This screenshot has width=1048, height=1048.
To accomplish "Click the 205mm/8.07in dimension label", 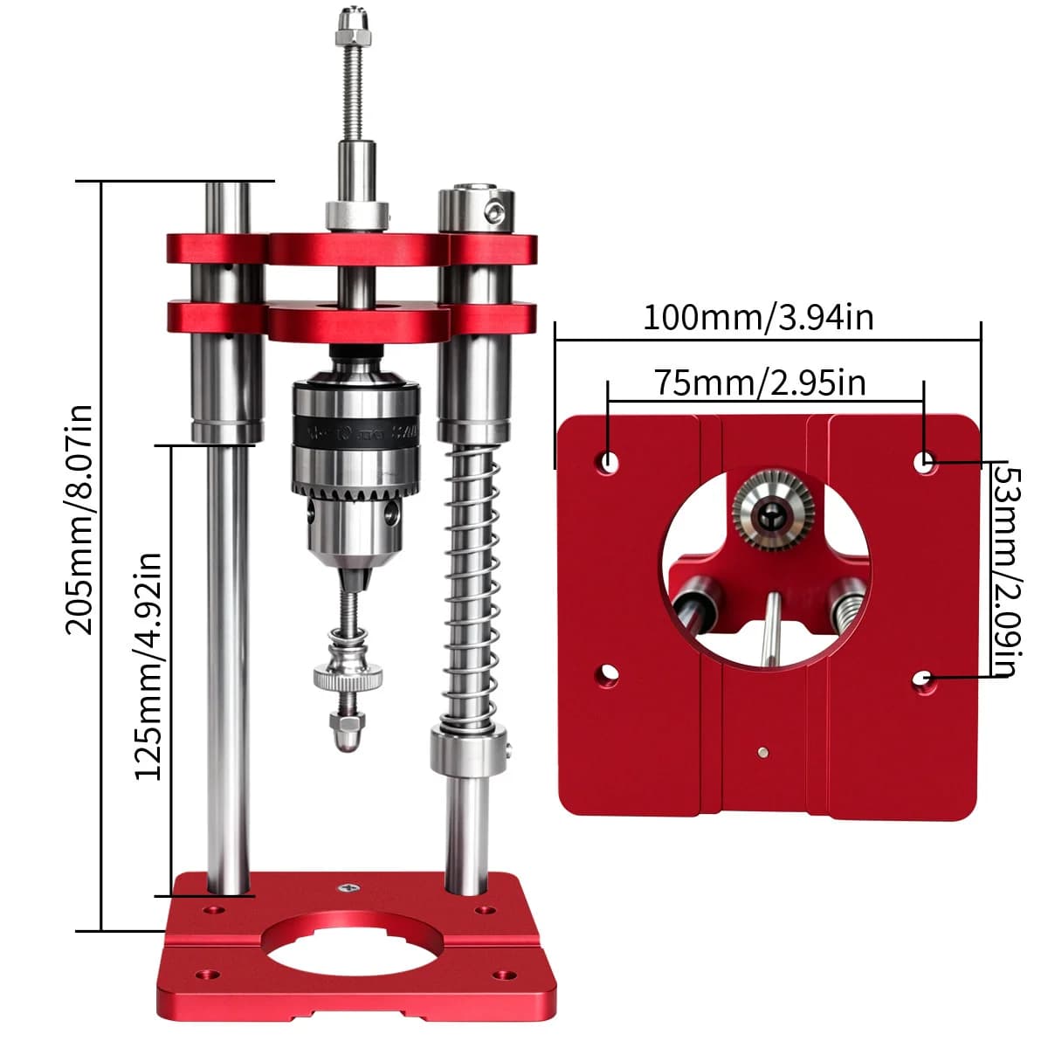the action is coord(79,520).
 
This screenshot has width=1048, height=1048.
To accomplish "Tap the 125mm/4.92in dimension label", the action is coord(148,666).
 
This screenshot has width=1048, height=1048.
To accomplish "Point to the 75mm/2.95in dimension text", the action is coord(760,383).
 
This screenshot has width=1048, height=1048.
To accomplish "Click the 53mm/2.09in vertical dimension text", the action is coord(1007,571).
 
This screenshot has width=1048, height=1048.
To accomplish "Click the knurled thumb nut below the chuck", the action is coord(348,677).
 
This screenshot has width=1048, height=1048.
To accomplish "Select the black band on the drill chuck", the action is coord(356,433).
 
